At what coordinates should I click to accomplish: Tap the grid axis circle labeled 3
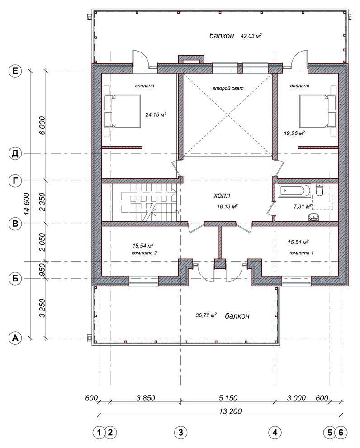pos(180,433)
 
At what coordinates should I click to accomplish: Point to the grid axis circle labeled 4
pos(275,433)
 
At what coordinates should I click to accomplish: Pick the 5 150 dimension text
pos(228,398)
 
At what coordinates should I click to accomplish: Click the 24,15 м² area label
pos(156,114)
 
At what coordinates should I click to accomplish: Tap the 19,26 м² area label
pos(294,133)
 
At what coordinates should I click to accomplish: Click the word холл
pos(222,195)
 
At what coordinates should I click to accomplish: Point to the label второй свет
pos(228,88)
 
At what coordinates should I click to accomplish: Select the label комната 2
pos(144,253)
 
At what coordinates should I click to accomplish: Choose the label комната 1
pos(301,253)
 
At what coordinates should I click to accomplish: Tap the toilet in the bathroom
pos(319,190)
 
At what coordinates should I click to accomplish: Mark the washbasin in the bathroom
pos(314,217)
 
